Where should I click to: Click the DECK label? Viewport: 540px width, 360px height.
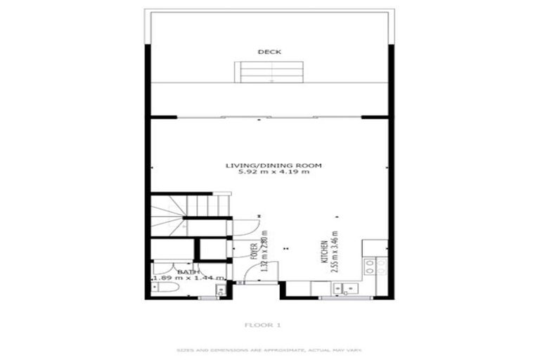click(269, 52)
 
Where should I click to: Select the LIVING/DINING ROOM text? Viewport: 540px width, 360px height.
click(273, 166)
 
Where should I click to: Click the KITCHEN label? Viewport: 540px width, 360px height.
click(323, 251)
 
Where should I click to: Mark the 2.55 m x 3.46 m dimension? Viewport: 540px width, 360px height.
click(335, 252)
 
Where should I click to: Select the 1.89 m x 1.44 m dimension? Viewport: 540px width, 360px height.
click(188, 278)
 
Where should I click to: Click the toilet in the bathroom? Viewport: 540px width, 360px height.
click(160, 289)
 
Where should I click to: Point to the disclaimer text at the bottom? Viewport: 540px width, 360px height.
click(269, 349)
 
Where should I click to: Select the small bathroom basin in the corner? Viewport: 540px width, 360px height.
click(220, 288)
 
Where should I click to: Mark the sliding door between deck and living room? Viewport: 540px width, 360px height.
click(271, 117)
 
